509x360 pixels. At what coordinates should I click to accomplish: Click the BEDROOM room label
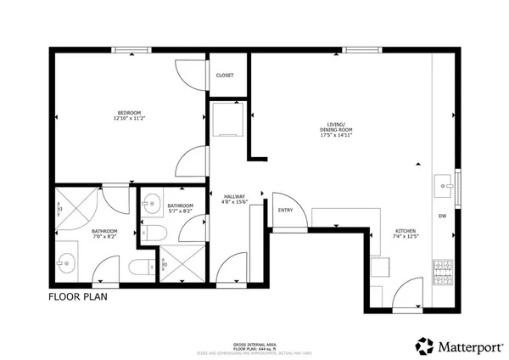pos(130,112)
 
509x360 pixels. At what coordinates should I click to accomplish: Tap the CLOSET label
pos(225,75)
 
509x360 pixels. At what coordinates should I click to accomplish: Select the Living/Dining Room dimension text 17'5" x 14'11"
pos(336,134)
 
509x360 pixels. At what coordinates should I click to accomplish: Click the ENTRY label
pos(285,210)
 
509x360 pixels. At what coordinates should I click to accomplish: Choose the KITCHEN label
pos(405,231)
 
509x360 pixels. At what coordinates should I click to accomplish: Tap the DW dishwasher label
pos(442,217)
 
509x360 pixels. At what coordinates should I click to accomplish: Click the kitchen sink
pos(444,183)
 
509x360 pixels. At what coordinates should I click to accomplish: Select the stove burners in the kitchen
pos(444,273)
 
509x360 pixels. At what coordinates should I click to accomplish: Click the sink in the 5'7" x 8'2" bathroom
pos(151,202)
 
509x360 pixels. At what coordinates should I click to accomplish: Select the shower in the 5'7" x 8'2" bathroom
pos(180,264)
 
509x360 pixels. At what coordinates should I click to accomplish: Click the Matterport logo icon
pos(424,346)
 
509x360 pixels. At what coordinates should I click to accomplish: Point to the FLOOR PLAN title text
pos(77,297)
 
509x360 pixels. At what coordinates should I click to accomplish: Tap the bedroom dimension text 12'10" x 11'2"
pos(130,120)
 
